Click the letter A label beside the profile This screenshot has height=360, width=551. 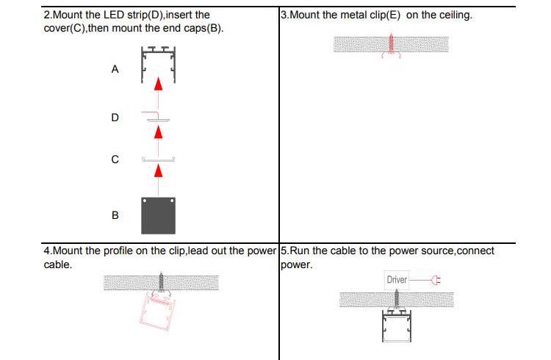tap(115, 69)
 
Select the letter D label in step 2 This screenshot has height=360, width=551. tap(115, 118)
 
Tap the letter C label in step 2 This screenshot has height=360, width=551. tap(115, 159)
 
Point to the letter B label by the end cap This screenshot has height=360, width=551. tap(115, 216)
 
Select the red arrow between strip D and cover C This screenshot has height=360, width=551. tap(158, 132)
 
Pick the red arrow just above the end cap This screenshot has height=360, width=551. tap(158, 171)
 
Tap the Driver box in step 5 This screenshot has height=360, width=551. tap(397, 280)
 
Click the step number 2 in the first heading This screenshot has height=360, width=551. tap(48, 15)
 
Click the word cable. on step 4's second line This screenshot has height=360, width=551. tap(58, 264)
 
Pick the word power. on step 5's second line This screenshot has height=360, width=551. tap(297, 264)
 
